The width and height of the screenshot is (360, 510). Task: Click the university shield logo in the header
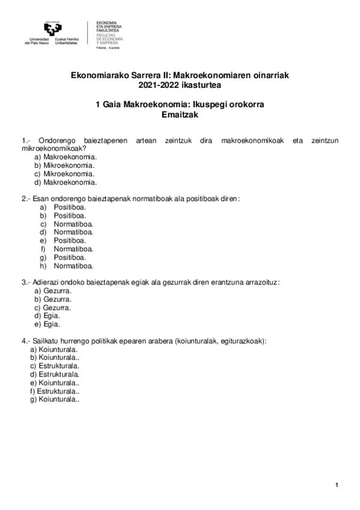52,29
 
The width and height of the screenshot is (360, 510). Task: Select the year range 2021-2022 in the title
157,85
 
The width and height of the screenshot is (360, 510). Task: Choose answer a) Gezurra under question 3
53,290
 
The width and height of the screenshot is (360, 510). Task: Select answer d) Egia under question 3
47,315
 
